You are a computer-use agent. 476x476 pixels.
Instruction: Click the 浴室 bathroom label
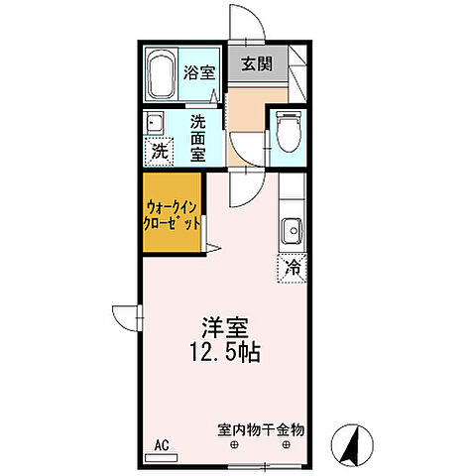coord(199,71)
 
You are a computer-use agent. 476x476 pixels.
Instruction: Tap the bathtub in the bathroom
coord(161,75)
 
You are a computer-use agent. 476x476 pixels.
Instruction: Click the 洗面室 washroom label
coord(199,137)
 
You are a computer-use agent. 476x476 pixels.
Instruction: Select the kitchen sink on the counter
coord(292,232)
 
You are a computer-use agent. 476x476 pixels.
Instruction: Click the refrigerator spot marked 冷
coord(293,266)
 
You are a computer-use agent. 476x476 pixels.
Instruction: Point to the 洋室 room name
coord(226,328)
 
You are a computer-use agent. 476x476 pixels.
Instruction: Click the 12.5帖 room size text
coord(226,354)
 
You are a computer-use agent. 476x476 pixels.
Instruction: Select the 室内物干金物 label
coord(262,431)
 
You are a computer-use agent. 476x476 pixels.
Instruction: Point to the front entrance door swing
coord(241,25)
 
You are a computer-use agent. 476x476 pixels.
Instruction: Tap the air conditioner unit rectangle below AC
coord(161,457)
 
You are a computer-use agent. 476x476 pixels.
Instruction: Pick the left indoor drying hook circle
coord(235,446)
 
